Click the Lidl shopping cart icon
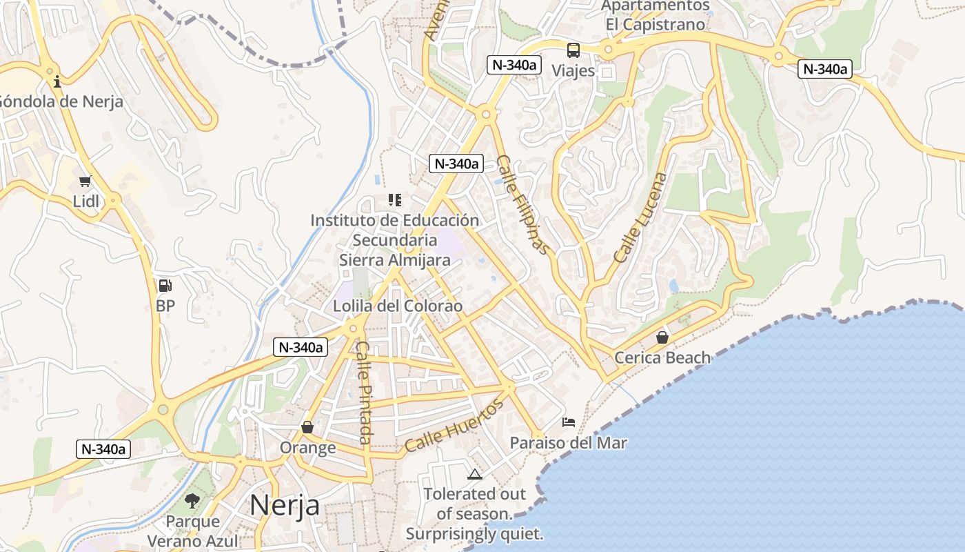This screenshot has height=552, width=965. (85, 181)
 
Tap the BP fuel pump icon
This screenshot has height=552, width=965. (165, 285)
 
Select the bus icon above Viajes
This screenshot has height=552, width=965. (573, 50)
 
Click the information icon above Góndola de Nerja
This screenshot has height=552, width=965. (57, 81)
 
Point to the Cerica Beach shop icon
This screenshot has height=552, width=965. (662, 337)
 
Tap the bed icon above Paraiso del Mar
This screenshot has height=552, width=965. (569, 422)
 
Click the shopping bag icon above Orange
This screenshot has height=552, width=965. (307, 428)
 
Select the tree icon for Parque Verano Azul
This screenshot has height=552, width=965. (192, 501)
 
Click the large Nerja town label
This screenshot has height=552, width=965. (284, 505)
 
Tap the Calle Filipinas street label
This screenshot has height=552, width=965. (522, 204)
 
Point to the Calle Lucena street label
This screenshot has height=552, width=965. (640, 217)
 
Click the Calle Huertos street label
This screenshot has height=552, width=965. (454, 426)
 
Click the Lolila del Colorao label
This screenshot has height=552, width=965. (398, 306)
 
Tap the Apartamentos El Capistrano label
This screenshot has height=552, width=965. (655, 15)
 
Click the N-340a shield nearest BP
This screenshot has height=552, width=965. (299, 347)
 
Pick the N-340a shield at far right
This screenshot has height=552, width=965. (825, 69)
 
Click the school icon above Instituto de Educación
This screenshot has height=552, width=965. (395, 200)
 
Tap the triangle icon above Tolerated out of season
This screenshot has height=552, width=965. (474, 474)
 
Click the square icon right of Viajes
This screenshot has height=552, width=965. (607, 71)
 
